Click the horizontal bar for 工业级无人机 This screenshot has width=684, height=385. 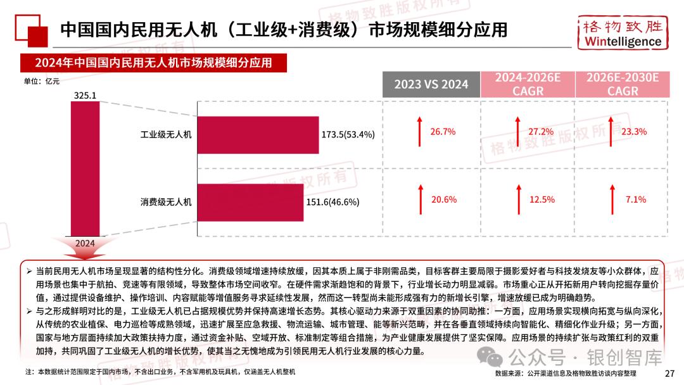tap(258, 134)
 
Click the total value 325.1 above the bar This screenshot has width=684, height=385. tap(85, 96)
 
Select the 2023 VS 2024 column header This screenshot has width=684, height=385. tap(431, 84)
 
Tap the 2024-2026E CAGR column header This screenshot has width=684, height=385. tap(528, 84)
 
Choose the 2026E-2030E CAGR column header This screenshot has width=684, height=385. tap(623, 84)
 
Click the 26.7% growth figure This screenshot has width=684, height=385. tap(443, 132)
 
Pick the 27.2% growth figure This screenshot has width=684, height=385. tap(540, 132)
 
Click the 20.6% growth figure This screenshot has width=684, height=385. tap(443, 199)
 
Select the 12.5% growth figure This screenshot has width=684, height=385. tap(541, 199)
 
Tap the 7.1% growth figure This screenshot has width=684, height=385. tap(635, 199)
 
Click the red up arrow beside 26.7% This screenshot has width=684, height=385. tap(419, 132)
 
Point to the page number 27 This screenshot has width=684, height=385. tap(670, 374)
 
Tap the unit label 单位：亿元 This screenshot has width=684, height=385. tap(41, 80)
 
